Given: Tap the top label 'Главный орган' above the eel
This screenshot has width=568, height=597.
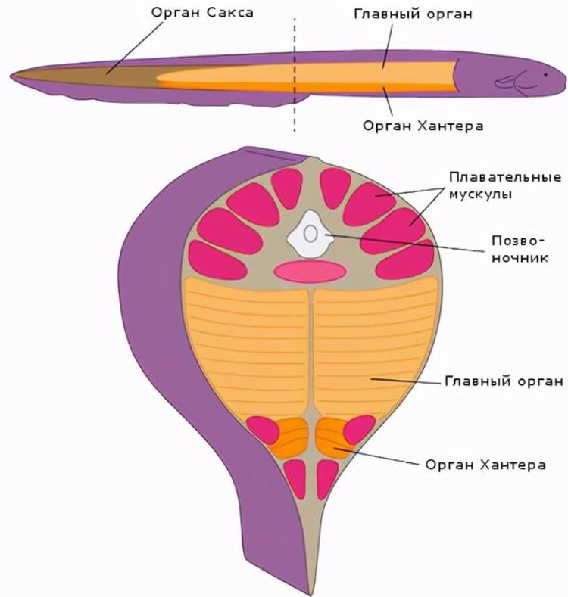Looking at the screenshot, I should coord(412,14).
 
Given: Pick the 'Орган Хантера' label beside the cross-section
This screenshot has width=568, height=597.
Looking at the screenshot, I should coord(485,464).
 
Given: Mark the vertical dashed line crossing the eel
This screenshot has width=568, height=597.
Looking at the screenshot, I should coord(295,76).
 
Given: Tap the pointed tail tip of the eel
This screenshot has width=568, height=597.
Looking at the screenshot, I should coord(13,75).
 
